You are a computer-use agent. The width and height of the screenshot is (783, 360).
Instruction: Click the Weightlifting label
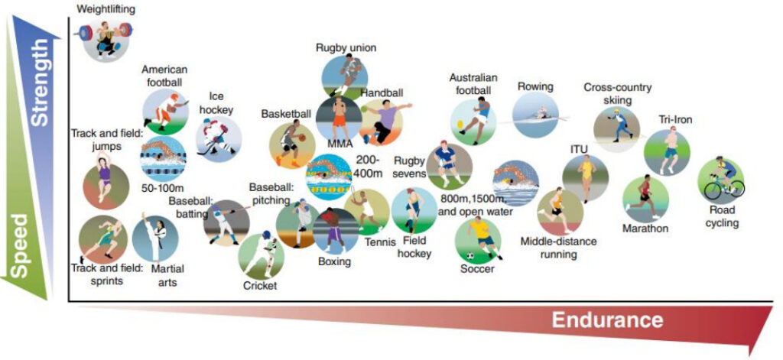click(x=106, y=9)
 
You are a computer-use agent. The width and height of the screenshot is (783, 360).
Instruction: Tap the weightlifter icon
click(x=106, y=39)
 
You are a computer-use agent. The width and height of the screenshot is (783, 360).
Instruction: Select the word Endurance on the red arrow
click(x=607, y=320)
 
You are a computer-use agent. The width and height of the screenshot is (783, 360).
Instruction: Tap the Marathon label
click(x=645, y=229)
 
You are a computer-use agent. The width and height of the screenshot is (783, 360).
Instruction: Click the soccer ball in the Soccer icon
click(x=470, y=256)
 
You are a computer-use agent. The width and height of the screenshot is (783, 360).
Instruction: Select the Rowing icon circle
click(x=536, y=115)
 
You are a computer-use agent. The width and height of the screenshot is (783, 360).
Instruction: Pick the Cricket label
click(x=260, y=286)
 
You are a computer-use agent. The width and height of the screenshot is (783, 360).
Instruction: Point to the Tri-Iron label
click(x=674, y=120)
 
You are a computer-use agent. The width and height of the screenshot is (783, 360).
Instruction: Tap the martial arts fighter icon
click(x=155, y=238)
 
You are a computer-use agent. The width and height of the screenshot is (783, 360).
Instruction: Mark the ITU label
click(x=580, y=148)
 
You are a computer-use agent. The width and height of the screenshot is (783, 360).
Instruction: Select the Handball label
click(x=382, y=93)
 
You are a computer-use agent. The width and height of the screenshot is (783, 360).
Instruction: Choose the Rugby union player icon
click(x=345, y=76)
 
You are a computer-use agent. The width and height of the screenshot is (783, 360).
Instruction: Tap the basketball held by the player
click(x=301, y=138)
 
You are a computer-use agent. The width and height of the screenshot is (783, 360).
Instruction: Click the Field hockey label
click(x=414, y=248)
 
